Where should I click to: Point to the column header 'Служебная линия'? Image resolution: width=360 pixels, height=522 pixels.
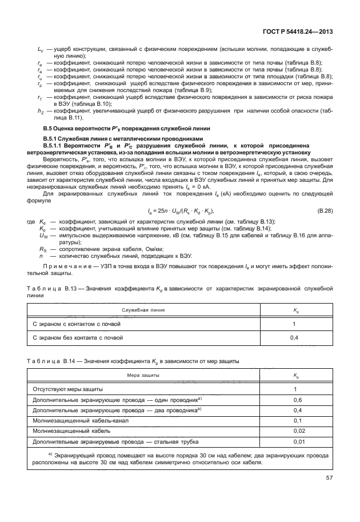point(143,310)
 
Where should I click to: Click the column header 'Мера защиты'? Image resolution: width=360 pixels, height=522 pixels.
point(144,375)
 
